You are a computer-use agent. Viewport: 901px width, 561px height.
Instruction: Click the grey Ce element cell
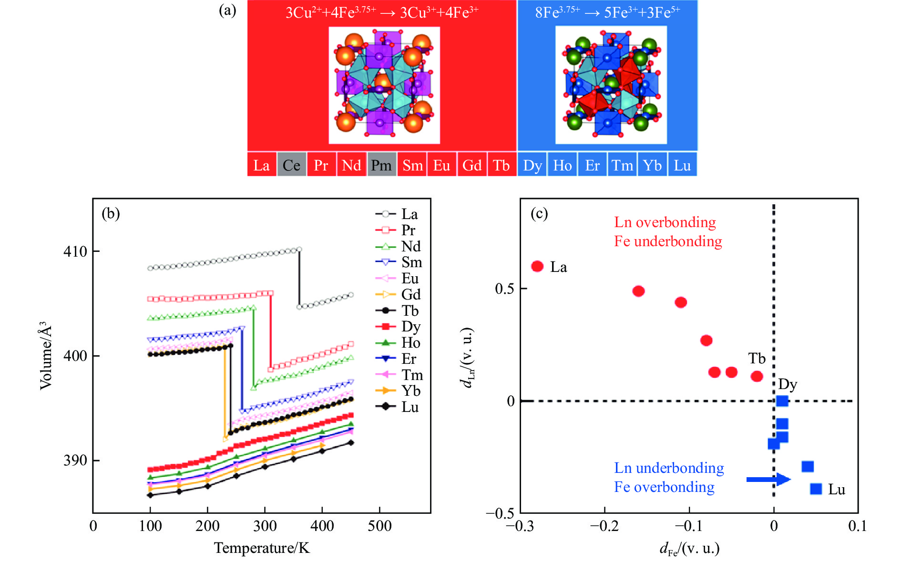(x=291, y=165)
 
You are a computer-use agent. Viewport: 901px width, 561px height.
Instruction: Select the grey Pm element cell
(x=381, y=165)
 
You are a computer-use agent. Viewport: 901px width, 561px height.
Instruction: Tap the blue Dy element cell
(x=532, y=165)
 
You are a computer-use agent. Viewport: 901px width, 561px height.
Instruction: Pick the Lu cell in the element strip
(x=682, y=165)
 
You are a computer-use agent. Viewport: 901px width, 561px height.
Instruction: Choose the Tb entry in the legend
(x=399, y=311)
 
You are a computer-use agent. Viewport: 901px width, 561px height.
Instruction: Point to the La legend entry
(x=398, y=214)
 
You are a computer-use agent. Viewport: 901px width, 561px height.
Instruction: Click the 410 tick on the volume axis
(x=75, y=251)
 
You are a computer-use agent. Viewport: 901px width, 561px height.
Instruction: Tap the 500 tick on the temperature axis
(x=379, y=526)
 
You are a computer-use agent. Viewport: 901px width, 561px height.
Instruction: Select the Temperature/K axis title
(x=262, y=548)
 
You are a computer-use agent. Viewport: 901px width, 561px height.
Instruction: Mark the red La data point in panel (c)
(x=537, y=266)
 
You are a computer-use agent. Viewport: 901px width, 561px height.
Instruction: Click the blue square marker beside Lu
(x=816, y=489)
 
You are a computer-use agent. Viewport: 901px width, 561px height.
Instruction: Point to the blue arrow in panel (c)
(x=768, y=479)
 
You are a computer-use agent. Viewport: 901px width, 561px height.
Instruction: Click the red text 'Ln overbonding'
(x=665, y=222)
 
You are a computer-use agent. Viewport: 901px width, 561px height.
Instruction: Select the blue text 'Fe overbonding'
(x=664, y=487)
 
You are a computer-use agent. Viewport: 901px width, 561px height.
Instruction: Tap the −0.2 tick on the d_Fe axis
(x=604, y=526)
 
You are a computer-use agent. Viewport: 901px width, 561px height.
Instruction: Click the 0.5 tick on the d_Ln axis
(x=504, y=289)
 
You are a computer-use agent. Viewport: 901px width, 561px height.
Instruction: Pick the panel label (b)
(x=111, y=213)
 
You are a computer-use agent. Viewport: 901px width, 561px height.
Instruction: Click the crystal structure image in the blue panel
(x=611, y=84)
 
